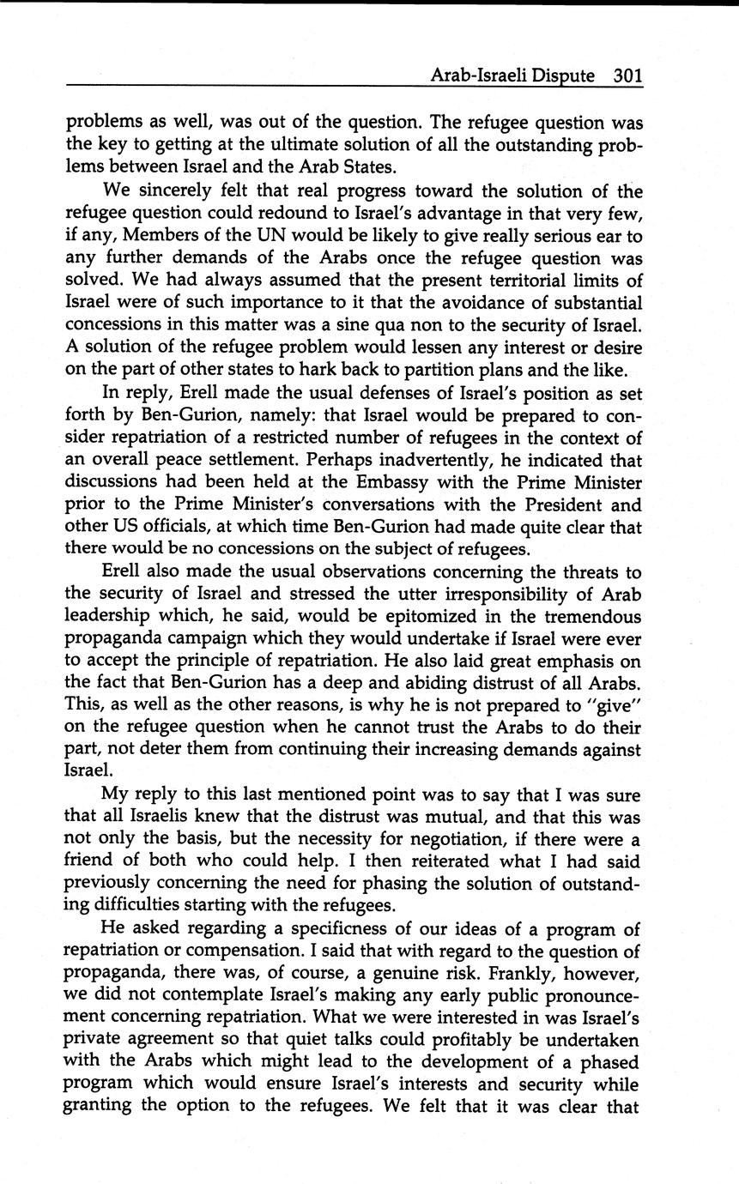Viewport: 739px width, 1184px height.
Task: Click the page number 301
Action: (627, 76)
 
